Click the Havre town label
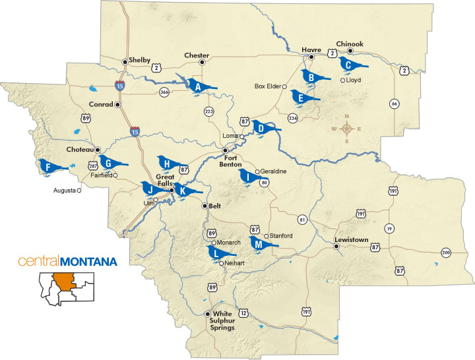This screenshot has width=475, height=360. (x=310, y=49)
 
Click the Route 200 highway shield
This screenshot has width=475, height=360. (x=446, y=253)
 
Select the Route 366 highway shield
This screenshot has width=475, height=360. (x=163, y=93)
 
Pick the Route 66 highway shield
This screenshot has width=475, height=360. (x=394, y=103)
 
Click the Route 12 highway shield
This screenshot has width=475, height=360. (x=243, y=313)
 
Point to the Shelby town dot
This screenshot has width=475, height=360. (x=125, y=62)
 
